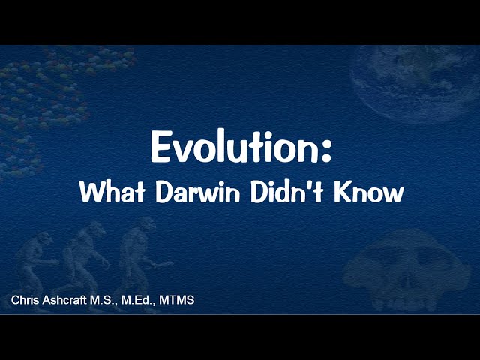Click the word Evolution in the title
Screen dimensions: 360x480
pyautogui.click(x=232, y=147)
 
